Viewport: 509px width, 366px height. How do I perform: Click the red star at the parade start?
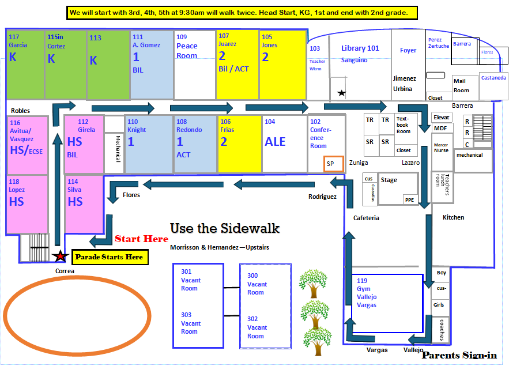point(61,256)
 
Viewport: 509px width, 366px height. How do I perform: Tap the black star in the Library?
point(341,93)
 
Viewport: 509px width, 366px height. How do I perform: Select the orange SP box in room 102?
point(333,164)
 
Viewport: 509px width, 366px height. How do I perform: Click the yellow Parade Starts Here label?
point(110,257)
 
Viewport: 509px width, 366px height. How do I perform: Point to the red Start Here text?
point(141,239)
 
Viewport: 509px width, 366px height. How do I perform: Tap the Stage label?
point(389,180)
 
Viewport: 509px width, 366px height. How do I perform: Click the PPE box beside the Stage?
point(410,200)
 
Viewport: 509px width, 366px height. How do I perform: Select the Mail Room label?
point(461,86)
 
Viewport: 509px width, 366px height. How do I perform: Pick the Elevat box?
point(442,118)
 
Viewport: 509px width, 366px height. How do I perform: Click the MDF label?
point(440,128)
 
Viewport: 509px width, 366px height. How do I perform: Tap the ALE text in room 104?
point(275,142)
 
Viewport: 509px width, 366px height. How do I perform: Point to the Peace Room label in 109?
point(187,51)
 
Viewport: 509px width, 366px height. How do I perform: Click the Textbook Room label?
point(403,125)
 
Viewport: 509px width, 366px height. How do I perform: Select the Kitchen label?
point(453,217)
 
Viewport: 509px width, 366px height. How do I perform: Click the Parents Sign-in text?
point(459,355)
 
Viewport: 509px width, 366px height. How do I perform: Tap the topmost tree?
point(313,283)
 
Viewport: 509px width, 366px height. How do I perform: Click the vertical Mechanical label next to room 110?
point(118,149)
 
